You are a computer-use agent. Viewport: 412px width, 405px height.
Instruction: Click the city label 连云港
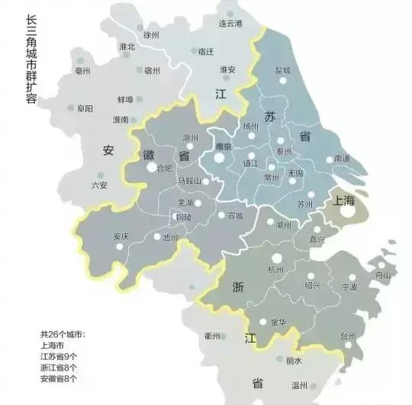pyautogui.click(x=230, y=24)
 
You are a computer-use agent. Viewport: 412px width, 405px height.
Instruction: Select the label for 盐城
pyautogui.click(x=283, y=69)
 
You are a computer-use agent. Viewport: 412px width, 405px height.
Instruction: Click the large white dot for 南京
pyautogui.click(x=220, y=159)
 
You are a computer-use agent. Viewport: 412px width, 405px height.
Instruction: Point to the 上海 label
pyautogui.click(x=344, y=200)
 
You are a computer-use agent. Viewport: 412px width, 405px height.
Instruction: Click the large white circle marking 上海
pyautogui.click(x=347, y=214)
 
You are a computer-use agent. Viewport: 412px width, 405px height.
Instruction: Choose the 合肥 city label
pyautogui.click(x=164, y=169)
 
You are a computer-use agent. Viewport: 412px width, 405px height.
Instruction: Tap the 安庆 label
pyautogui.click(x=121, y=236)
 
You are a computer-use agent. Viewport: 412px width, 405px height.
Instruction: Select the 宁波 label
pyautogui.click(x=349, y=288)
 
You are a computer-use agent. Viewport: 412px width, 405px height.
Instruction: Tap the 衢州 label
pyautogui.click(x=211, y=336)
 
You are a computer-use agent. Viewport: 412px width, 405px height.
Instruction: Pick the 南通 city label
pyautogui.click(x=343, y=159)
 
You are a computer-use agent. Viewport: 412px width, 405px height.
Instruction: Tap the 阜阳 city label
pyautogui.click(x=85, y=109)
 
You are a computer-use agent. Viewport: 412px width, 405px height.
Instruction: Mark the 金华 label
pyautogui.click(x=278, y=323)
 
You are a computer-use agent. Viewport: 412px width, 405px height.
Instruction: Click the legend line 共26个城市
pyautogui.click(x=63, y=335)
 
